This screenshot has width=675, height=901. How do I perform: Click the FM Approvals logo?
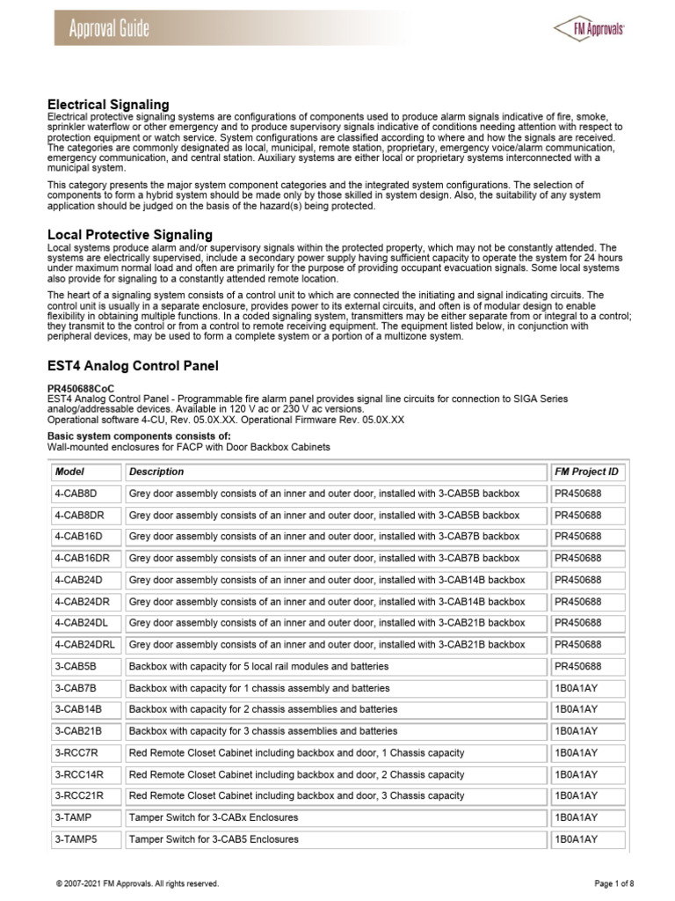pyautogui.click(x=589, y=28)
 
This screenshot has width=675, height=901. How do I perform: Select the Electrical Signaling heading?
pyautogui.click(x=107, y=105)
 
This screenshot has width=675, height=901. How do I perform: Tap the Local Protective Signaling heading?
pyautogui.click(x=129, y=234)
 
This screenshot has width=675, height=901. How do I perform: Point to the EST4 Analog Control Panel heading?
pyautogui.click(x=132, y=365)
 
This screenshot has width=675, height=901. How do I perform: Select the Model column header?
pyautogui.click(x=69, y=472)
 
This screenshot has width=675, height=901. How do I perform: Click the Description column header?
pyautogui.click(x=157, y=472)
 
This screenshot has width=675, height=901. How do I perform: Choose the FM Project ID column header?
pyautogui.click(x=586, y=472)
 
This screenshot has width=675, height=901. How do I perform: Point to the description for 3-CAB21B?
pyautogui.click(x=263, y=731)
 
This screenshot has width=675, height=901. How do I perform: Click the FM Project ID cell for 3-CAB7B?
pyautogui.click(x=576, y=688)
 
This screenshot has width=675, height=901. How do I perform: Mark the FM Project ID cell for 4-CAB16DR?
pyautogui.click(x=577, y=559)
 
